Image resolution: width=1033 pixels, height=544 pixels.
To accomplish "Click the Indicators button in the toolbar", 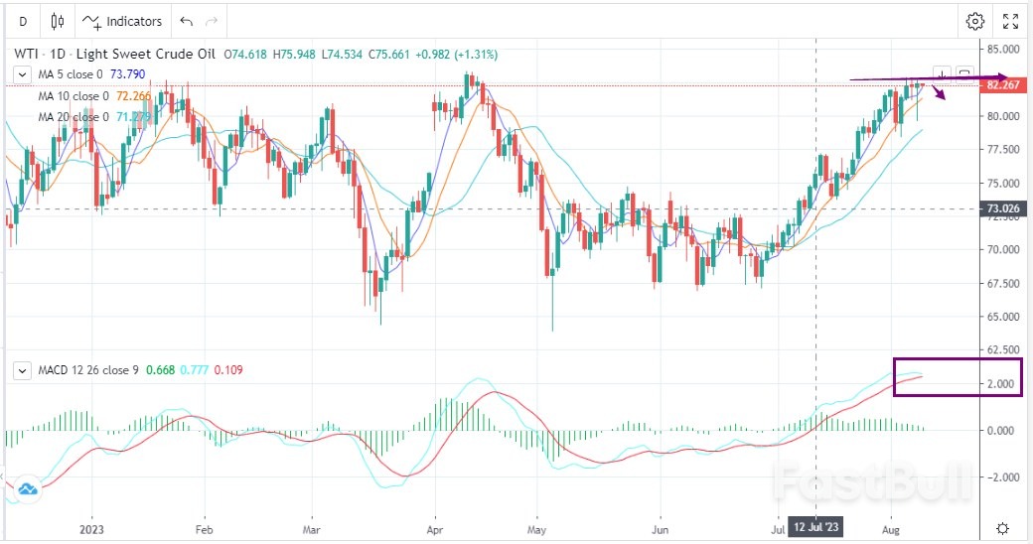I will click(122, 21).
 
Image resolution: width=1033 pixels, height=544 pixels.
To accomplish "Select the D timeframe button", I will click(22, 21).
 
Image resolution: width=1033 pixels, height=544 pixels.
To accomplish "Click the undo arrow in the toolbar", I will click(187, 21).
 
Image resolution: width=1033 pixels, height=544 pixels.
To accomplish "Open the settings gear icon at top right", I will click(975, 21).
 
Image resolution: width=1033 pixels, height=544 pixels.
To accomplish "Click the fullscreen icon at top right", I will click(1010, 21).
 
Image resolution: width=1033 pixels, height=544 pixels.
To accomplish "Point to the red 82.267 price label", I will click(1000, 85).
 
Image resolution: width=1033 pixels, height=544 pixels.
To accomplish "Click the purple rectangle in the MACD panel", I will click(958, 377).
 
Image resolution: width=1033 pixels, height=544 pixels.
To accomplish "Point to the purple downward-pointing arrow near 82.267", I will click(937, 93).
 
